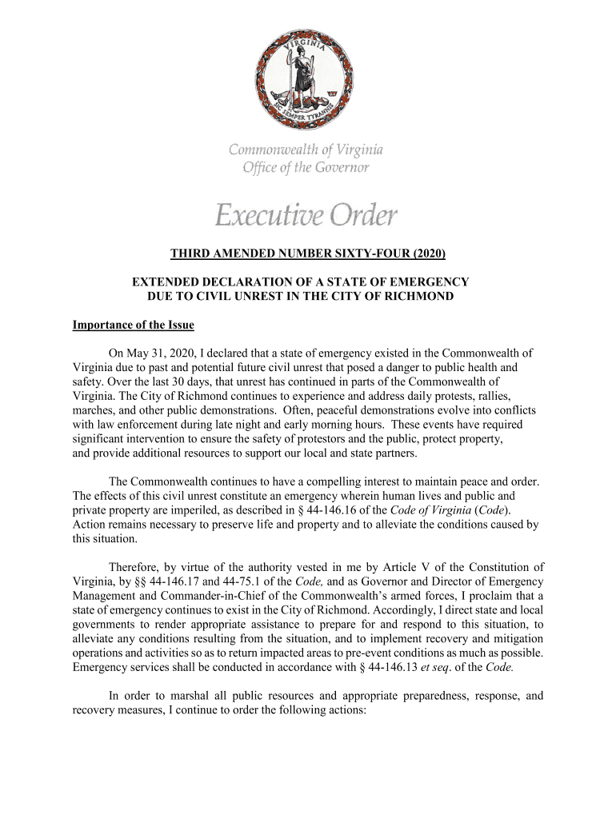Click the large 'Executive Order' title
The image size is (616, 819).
pyautogui.click(x=306, y=215)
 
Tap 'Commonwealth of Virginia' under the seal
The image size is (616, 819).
pyautogui.click(x=306, y=150)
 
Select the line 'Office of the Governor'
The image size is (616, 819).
pyautogui.click(x=306, y=167)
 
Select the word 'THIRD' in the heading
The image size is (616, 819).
pyautogui.click(x=189, y=254)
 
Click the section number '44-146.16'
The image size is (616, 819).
pyautogui.click(x=358, y=510)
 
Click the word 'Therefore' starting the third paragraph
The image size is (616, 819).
pyautogui.click(x=134, y=567)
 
